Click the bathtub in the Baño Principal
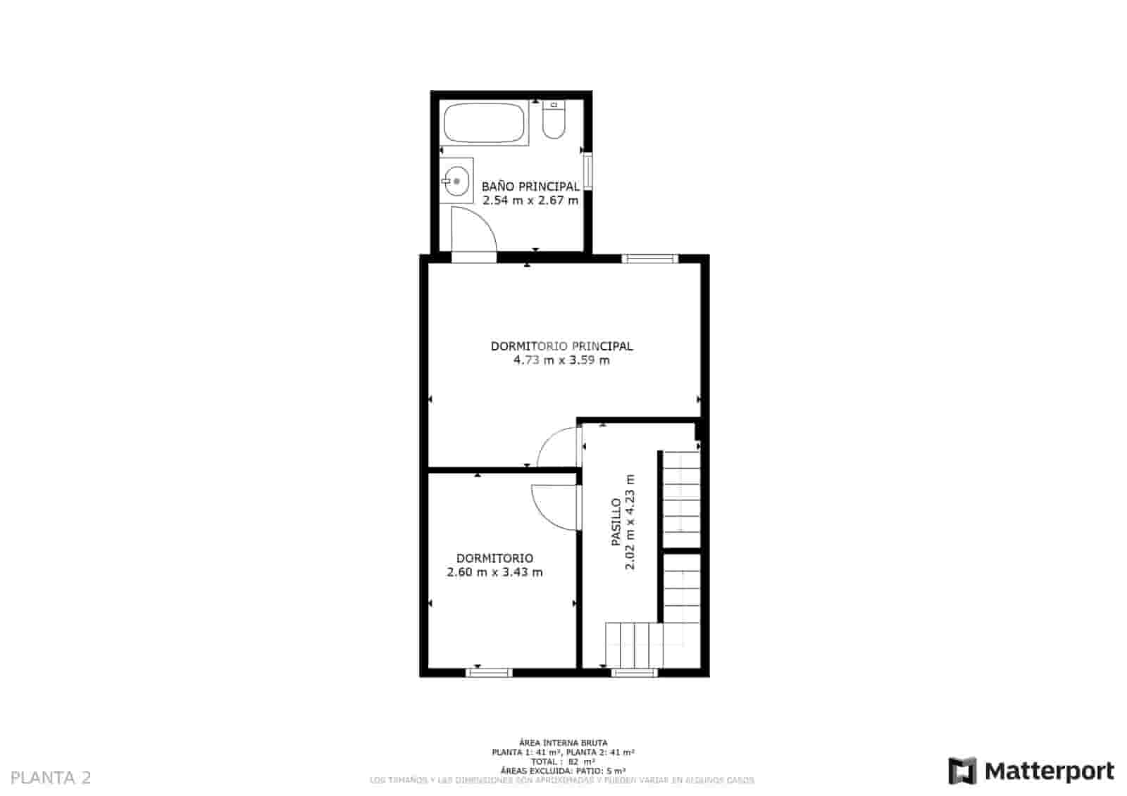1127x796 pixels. (x=485, y=123)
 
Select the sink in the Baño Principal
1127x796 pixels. (x=456, y=181)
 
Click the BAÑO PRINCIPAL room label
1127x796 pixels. (x=530, y=187)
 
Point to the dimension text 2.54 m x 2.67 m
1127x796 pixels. (x=530, y=201)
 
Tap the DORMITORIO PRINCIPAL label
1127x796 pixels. (x=561, y=346)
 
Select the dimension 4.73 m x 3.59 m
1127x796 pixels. (x=561, y=360)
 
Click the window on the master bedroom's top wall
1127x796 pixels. (x=649, y=258)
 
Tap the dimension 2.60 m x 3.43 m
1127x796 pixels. (x=494, y=572)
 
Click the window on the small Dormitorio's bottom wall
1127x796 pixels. (x=490, y=673)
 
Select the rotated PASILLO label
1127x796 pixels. (x=616, y=522)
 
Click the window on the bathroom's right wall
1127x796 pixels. (x=587, y=171)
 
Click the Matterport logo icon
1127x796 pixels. (x=962, y=771)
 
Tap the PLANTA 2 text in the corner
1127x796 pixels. (x=51, y=778)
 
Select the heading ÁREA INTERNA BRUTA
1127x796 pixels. (x=563, y=743)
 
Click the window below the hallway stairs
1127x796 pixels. (x=633, y=673)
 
